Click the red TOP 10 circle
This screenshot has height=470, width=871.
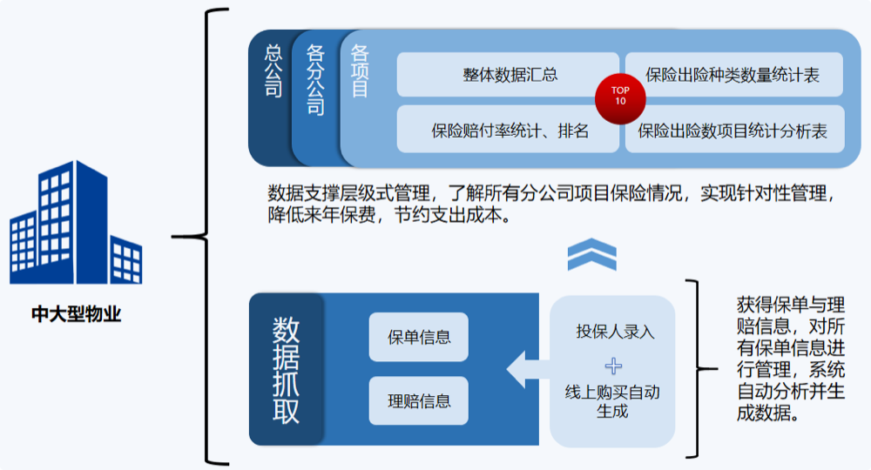(x=620, y=98)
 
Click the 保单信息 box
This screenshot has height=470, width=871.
(x=419, y=337)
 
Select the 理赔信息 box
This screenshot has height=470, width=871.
(x=419, y=400)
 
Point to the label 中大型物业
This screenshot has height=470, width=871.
(x=76, y=314)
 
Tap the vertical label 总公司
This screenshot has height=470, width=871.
(x=273, y=71)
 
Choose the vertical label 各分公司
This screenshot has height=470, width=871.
(x=315, y=80)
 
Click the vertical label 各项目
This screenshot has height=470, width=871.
(x=360, y=71)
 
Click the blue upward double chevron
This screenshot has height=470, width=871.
(x=592, y=254)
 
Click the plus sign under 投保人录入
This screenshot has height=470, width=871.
(x=613, y=366)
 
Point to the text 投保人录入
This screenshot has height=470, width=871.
(x=615, y=332)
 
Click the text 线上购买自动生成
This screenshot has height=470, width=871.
(x=612, y=402)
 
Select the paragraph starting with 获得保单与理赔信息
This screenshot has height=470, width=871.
(x=791, y=359)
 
